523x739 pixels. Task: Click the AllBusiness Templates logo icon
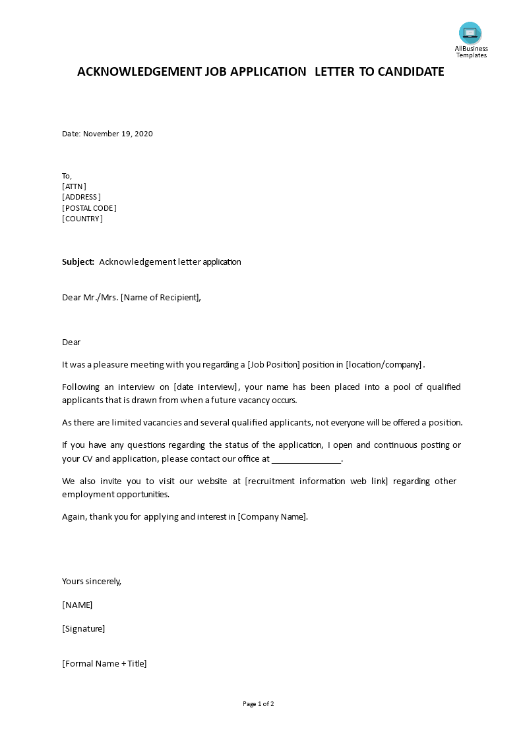click(x=470, y=33)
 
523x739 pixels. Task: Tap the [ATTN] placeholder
click(x=74, y=186)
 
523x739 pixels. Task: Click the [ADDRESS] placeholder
click(x=81, y=197)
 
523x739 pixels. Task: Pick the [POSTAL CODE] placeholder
click(x=89, y=208)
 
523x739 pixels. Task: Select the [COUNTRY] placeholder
click(x=82, y=219)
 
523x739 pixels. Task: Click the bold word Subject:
click(x=78, y=261)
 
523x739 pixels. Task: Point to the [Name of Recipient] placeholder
click(x=160, y=297)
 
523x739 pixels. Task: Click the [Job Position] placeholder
click(x=274, y=365)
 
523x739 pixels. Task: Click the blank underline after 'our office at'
click(x=306, y=459)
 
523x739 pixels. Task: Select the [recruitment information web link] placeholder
click(x=316, y=481)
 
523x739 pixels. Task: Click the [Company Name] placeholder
click(x=272, y=516)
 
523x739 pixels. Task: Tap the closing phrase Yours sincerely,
click(x=92, y=581)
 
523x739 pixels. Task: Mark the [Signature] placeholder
click(x=83, y=628)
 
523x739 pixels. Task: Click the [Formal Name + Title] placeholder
click(x=104, y=663)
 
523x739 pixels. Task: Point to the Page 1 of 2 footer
click(x=259, y=703)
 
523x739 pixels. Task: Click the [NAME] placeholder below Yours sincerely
click(x=77, y=605)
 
